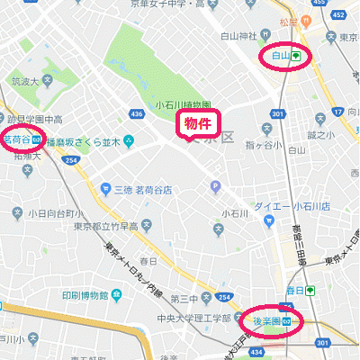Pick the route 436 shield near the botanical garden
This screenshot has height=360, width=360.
coord(137,114)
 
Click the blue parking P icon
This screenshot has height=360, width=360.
coord(214,187)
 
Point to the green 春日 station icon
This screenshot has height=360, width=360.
coord(310,291)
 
